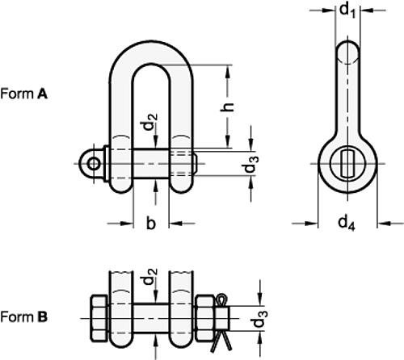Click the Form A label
coord(24,94)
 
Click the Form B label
coord(24,317)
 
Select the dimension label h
coord(228,106)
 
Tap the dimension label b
coord(150,223)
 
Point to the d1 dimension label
coord(347,10)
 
